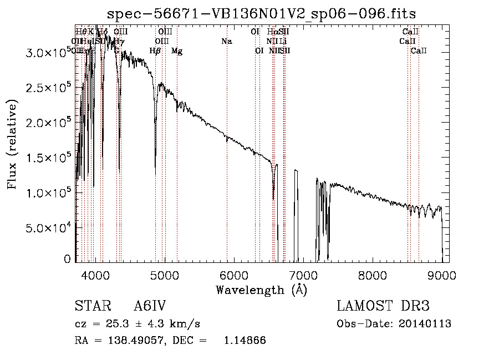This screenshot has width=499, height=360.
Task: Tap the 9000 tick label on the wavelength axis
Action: (441, 275)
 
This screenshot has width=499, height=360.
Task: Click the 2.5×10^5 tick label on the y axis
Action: (49, 88)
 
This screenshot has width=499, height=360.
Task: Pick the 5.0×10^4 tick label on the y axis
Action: (49, 227)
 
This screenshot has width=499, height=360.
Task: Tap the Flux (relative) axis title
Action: (12, 145)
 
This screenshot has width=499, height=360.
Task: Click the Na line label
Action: (226, 42)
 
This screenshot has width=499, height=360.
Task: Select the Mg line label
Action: (177, 51)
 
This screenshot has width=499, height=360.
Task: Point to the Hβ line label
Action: (155, 51)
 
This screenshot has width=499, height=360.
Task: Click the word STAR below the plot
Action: (92, 306)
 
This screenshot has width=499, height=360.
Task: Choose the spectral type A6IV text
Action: (150, 306)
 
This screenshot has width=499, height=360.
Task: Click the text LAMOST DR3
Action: (383, 306)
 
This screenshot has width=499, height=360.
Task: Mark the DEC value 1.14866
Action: (245, 341)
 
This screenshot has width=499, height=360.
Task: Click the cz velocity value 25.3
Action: (121, 324)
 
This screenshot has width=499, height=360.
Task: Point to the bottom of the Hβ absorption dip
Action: (155, 174)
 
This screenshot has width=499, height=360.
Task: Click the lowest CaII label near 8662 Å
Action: (419, 51)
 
